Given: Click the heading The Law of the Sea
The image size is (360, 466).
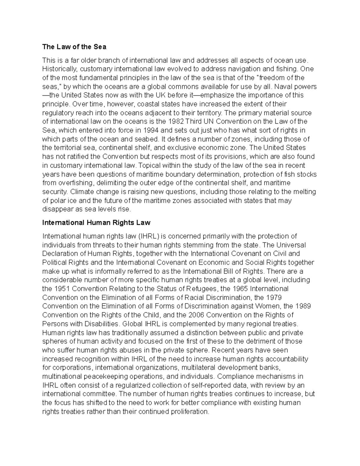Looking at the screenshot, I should (74, 47).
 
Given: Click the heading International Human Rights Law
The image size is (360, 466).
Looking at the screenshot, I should (96, 223).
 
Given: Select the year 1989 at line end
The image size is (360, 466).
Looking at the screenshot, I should (303, 306).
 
